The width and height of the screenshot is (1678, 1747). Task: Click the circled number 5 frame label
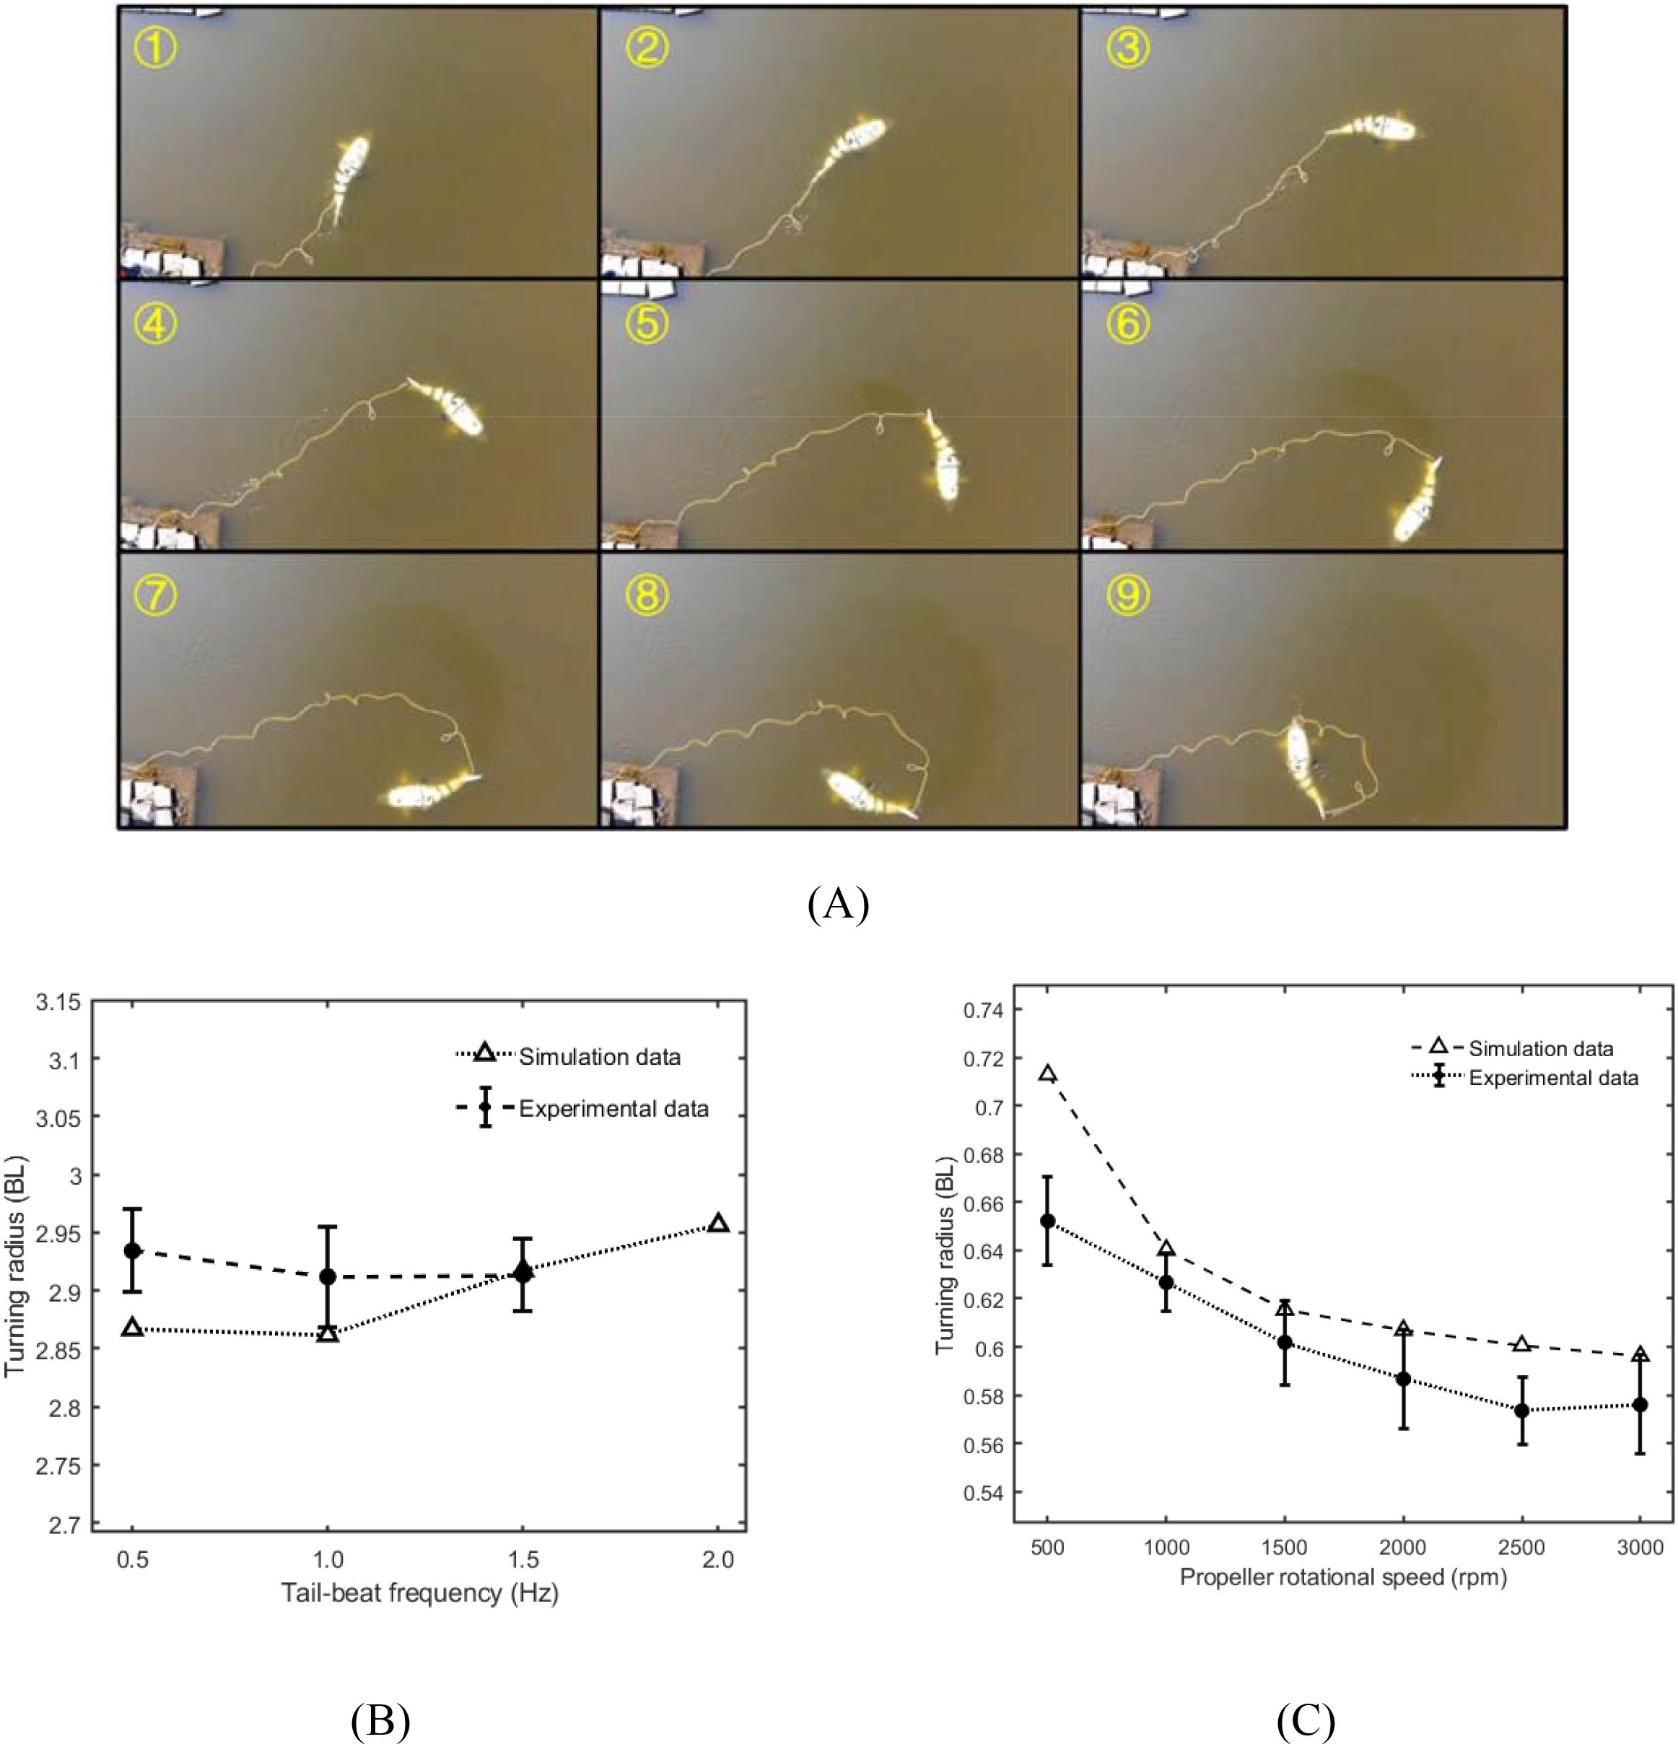(x=646, y=323)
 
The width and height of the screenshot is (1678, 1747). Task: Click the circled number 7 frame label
(x=155, y=595)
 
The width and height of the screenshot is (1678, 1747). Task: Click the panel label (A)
(x=838, y=903)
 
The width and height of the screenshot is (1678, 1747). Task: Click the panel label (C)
(x=1305, y=1721)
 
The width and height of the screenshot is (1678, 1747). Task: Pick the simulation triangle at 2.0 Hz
(x=717, y=1224)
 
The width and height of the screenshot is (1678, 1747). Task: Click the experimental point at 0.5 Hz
(x=132, y=1250)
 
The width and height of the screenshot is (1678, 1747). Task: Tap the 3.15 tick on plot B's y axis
(x=58, y=1002)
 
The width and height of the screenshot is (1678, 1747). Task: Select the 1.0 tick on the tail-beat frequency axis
(x=327, y=1559)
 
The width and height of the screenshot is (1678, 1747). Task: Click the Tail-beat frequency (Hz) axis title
(x=420, y=1593)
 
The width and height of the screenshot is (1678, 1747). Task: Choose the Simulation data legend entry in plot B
(x=599, y=1057)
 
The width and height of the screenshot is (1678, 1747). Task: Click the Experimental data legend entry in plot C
(x=1552, y=1079)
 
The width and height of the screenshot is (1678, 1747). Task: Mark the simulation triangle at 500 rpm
(x=1048, y=1073)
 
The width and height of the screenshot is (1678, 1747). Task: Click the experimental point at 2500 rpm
(x=1521, y=1410)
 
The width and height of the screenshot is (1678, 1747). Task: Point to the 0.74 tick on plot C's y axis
(x=984, y=1010)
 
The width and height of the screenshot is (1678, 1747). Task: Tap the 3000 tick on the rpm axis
(x=1640, y=1547)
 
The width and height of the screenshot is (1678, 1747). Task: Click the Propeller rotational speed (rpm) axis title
(x=1343, y=1577)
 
